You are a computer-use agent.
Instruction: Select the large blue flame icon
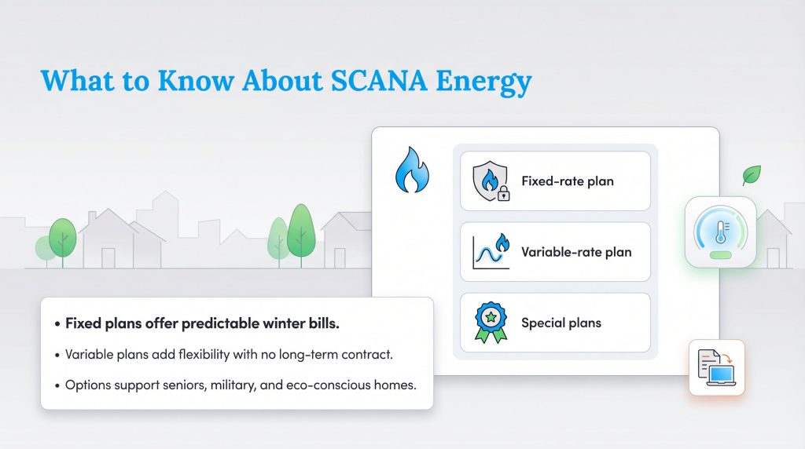(411, 170)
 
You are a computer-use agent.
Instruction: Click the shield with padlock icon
(490, 181)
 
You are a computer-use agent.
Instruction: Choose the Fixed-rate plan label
(568, 181)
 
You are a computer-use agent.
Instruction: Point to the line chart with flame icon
(490, 252)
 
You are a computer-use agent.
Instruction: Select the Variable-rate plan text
(576, 252)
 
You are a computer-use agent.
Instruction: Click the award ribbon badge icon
(490, 323)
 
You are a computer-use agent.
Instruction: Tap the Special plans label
(561, 323)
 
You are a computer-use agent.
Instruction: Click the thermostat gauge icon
(720, 232)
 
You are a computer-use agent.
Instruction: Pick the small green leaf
(752, 174)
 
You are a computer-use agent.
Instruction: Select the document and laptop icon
(716, 367)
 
